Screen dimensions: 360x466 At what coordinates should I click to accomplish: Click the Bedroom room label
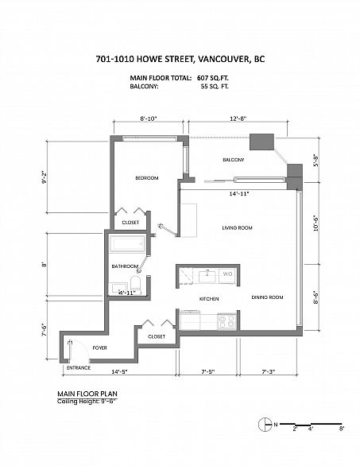tap(147, 177)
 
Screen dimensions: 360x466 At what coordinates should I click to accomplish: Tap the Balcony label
tap(234, 160)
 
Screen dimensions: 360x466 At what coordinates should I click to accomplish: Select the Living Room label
tap(238, 227)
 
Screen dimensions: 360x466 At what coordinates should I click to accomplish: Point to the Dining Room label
tap(267, 297)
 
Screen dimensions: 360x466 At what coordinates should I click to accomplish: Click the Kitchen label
tap(209, 299)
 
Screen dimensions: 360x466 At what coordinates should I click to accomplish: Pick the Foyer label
tap(99, 348)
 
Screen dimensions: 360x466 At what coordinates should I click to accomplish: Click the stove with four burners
tap(227, 321)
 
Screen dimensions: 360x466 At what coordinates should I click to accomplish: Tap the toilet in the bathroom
tap(136, 284)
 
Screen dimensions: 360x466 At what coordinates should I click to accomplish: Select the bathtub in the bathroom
tap(127, 243)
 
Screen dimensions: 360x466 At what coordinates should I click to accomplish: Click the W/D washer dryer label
tap(227, 274)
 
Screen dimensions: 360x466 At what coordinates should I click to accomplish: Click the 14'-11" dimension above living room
tap(239, 194)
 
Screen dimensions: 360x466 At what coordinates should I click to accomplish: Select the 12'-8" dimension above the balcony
tap(238, 118)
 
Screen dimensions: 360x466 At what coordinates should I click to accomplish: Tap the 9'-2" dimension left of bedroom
tap(45, 177)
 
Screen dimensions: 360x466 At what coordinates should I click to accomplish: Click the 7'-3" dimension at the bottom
tap(269, 371)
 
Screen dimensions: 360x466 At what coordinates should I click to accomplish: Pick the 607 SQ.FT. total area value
tap(213, 78)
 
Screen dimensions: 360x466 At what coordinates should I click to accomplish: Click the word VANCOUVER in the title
tap(223, 59)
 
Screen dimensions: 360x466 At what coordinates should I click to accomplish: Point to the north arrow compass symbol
tap(265, 425)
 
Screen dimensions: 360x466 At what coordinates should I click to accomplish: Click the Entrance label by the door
tap(79, 367)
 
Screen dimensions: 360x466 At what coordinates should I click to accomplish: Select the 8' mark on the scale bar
tap(342, 429)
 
